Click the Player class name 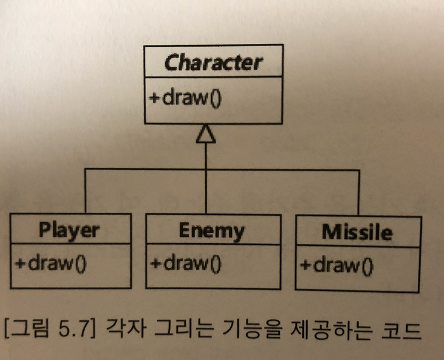pyautogui.click(x=69, y=230)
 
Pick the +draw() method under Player pyautogui.click(x=51, y=263)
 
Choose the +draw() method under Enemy pyautogui.click(x=186, y=264)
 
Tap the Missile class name pyautogui.click(x=356, y=233)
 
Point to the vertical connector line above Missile pyautogui.click(x=358, y=194)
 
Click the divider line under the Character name pyautogui.click(x=213, y=77)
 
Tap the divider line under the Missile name pyautogui.click(x=358, y=248)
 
